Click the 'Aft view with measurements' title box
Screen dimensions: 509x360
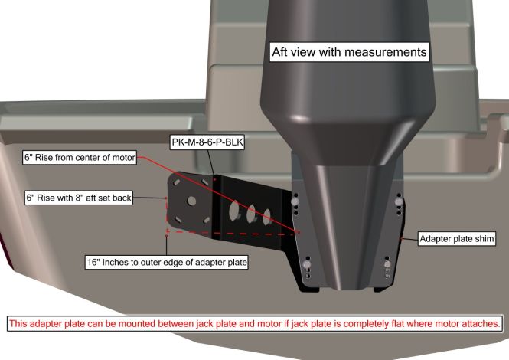[x=349, y=52]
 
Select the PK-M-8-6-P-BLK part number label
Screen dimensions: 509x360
[x=207, y=142]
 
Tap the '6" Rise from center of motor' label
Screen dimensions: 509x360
[x=80, y=158]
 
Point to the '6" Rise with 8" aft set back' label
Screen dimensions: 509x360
[x=79, y=198]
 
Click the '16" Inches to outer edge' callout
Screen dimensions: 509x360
[x=167, y=262]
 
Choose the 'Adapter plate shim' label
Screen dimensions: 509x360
[x=457, y=239]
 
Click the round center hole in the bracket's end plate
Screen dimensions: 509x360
[x=191, y=201]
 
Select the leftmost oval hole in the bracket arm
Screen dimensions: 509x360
[x=233, y=210]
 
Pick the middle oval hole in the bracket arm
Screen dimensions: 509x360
[x=251, y=214]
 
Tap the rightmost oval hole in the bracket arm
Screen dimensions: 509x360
[x=267, y=217]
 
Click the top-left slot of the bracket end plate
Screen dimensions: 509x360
[x=177, y=182]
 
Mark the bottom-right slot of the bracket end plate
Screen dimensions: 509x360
[x=207, y=221]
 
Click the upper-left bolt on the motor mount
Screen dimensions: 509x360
[x=295, y=201]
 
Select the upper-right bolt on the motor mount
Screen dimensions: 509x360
[x=399, y=201]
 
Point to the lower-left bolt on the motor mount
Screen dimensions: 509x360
[x=307, y=265]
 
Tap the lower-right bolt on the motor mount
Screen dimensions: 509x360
[x=387, y=264]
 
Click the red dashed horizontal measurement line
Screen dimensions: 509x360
[x=232, y=233]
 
